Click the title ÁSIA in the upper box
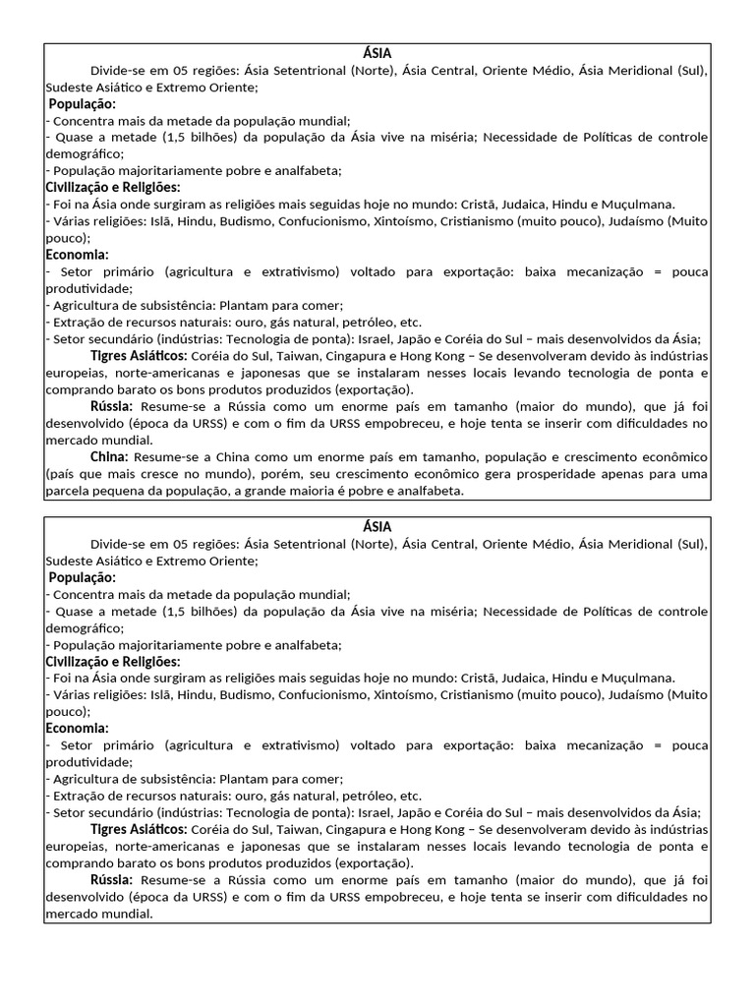point(377,54)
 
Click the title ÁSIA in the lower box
point(377,527)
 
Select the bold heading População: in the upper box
point(83,104)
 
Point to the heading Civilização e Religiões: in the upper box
point(113,188)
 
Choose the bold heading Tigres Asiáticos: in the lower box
point(139,830)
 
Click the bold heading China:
point(109,457)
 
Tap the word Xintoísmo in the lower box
point(402,695)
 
